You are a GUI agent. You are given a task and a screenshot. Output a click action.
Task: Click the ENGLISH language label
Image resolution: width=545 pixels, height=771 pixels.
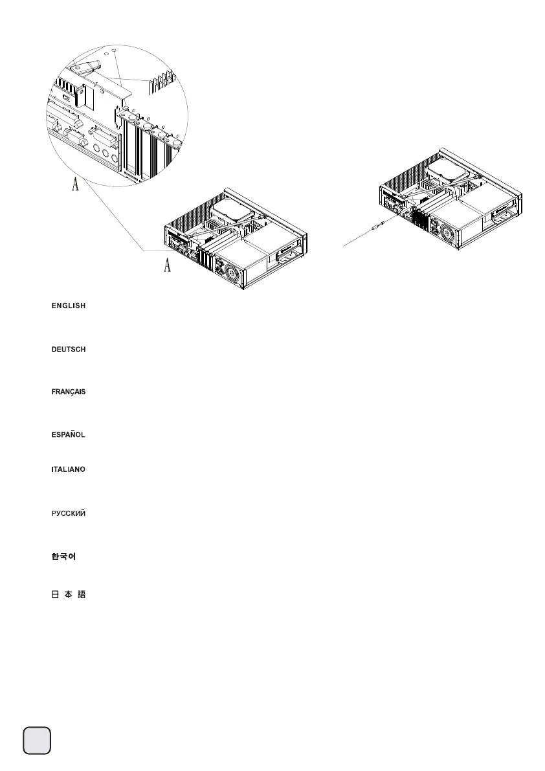click(69, 306)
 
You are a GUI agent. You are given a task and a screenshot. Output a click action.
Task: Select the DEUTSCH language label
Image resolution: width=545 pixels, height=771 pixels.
click(69, 350)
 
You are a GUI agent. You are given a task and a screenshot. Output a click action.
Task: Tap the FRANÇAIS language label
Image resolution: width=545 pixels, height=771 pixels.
click(69, 393)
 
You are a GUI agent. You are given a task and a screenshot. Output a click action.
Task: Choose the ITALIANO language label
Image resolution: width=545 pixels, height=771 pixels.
click(69, 469)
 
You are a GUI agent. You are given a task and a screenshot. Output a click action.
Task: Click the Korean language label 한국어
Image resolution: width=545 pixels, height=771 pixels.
click(64, 557)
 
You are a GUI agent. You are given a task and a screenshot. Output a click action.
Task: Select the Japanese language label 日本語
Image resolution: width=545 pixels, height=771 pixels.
click(69, 596)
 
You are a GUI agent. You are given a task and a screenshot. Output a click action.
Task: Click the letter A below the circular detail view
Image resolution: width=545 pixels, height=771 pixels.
click(75, 186)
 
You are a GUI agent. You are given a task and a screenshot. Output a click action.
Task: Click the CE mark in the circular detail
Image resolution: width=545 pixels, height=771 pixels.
click(65, 91)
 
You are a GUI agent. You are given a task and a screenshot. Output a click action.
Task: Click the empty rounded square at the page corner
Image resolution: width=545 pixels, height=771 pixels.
click(38, 740)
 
